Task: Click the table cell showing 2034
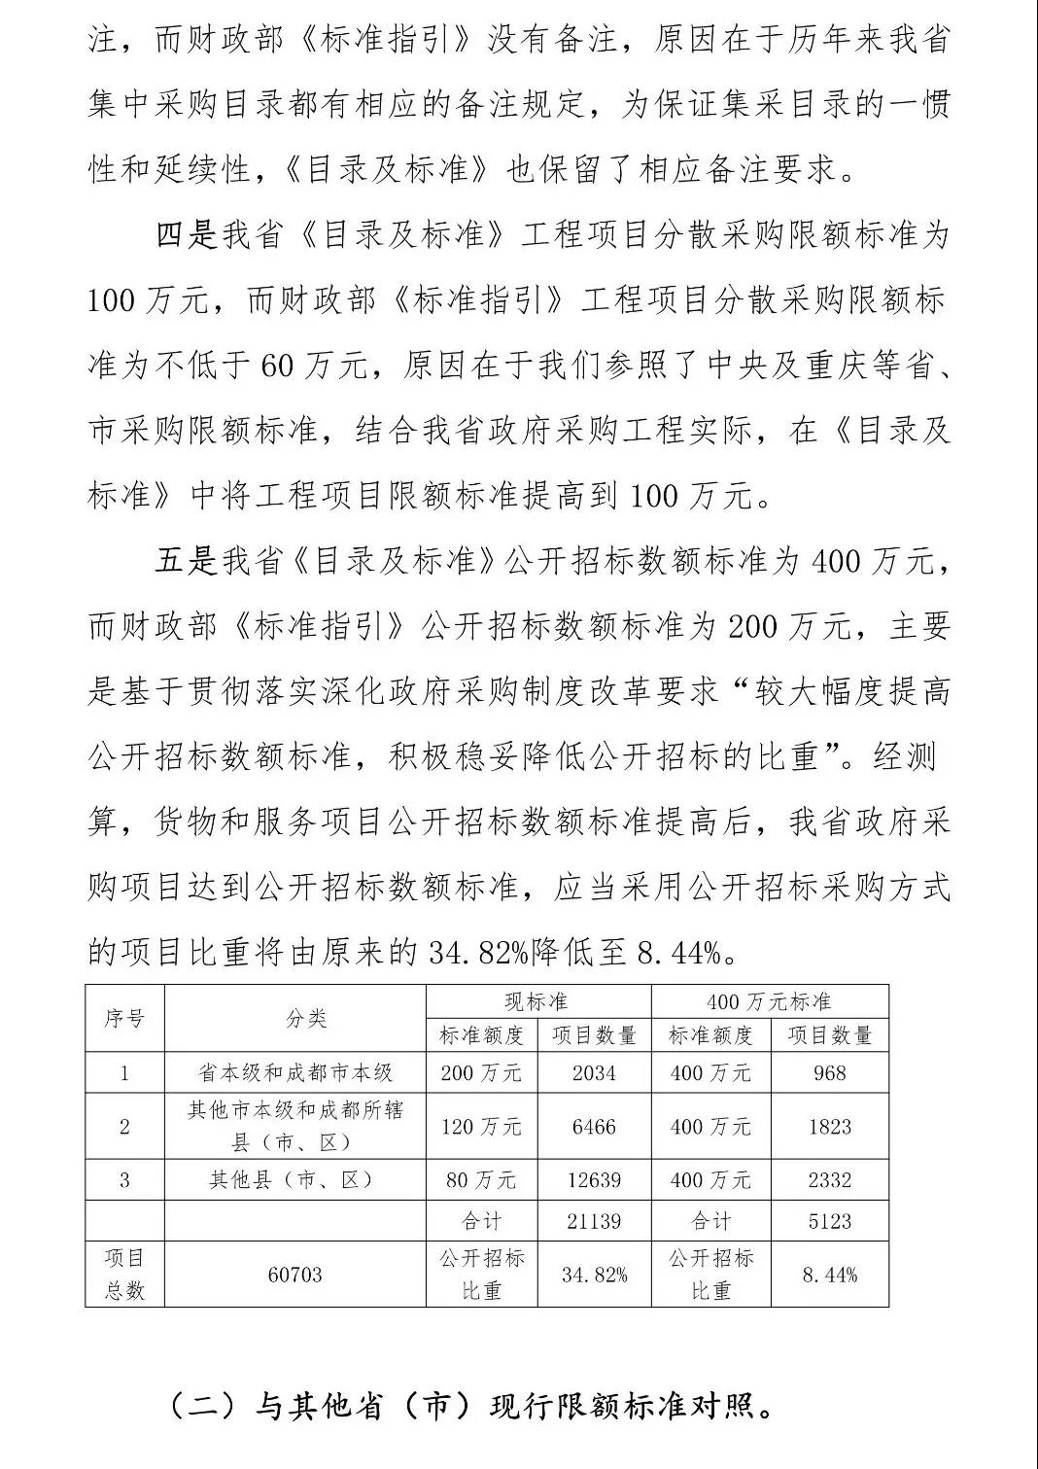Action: coord(594,1073)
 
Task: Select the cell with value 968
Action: coord(829,1073)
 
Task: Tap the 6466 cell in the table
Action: coord(594,1127)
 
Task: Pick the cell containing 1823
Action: coord(829,1127)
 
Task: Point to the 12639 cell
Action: coord(594,1180)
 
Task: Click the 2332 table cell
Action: coord(829,1180)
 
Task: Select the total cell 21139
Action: coord(594,1221)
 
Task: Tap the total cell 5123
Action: coord(829,1221)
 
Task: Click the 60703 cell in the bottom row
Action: coord(294,1274)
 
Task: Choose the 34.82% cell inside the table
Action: coord(594,1274)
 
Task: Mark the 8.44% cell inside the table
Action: coord(829,1274)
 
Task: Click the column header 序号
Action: coord(124,1018)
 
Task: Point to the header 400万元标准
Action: coord(769,1001)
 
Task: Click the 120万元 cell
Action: coord(481,1127)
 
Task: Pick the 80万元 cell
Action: coord(481,1180)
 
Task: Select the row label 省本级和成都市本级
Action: coord(295,1073)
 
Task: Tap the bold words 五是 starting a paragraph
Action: coord(186,561)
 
